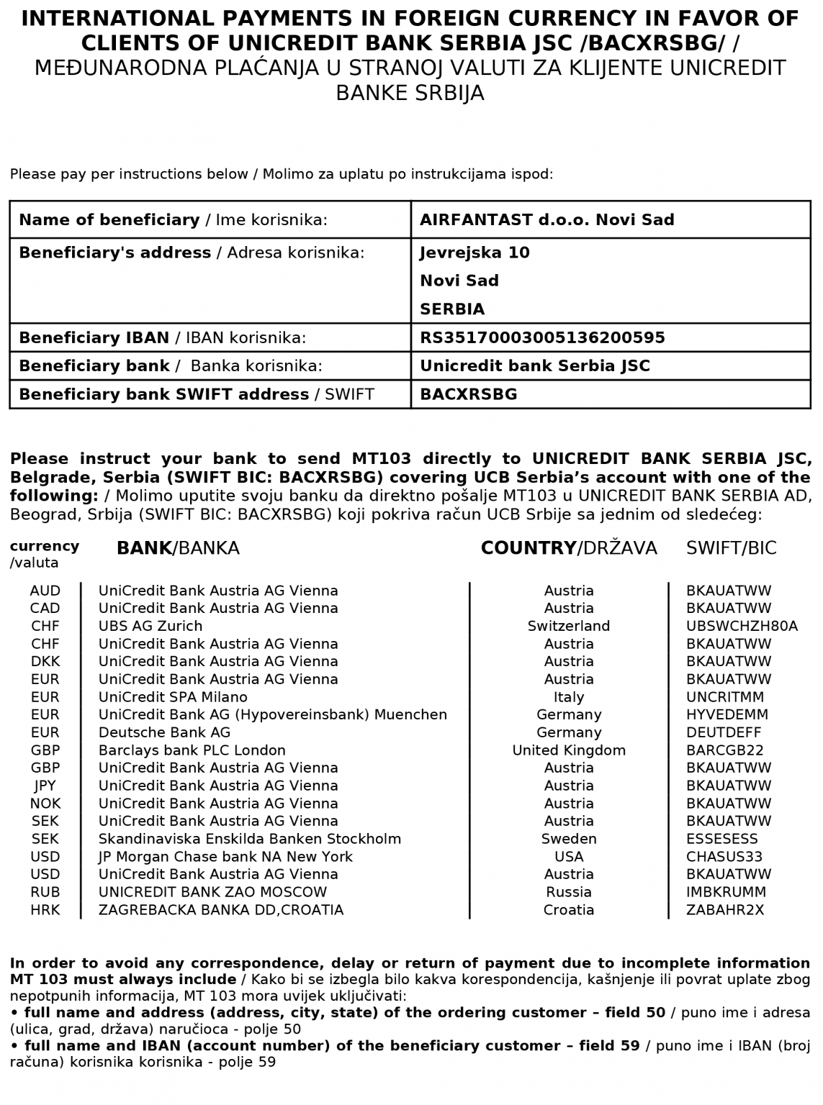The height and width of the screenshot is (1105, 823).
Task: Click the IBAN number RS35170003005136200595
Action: pos(542,337)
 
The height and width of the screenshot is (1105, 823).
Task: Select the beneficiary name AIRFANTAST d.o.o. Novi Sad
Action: pos(547,219)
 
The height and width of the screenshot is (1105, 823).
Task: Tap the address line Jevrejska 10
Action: pos(475,253)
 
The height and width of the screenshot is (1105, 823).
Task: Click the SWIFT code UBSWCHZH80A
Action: pos(742,626)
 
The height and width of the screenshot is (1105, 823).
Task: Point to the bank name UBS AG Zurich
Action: pos(150,626)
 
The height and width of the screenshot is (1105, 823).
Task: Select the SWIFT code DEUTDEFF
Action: pos(724,732)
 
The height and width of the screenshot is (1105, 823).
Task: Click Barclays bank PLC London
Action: pos(192,750)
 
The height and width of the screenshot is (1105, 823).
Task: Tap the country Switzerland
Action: pos(569,626)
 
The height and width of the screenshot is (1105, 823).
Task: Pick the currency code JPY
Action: pos(45,786)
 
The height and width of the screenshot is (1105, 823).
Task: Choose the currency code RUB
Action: pos(45,892)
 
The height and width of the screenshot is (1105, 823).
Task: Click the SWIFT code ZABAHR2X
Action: pos(725,910)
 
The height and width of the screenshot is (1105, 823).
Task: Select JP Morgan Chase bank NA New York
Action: pos(225,857)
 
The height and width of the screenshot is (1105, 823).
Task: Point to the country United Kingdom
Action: pos(569,750)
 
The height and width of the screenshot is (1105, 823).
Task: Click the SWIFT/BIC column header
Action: pos(731,548)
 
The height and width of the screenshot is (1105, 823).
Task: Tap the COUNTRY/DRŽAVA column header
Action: pos(569,548)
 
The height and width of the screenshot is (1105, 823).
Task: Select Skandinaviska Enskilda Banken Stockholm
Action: pos(250,839)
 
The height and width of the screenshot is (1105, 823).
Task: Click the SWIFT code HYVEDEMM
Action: pos(727,714)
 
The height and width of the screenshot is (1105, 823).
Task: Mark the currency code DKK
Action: pos(45,661)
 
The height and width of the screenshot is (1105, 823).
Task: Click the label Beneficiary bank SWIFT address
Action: pos(163,394)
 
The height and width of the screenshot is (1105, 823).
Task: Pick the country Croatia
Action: pos(569,910)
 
